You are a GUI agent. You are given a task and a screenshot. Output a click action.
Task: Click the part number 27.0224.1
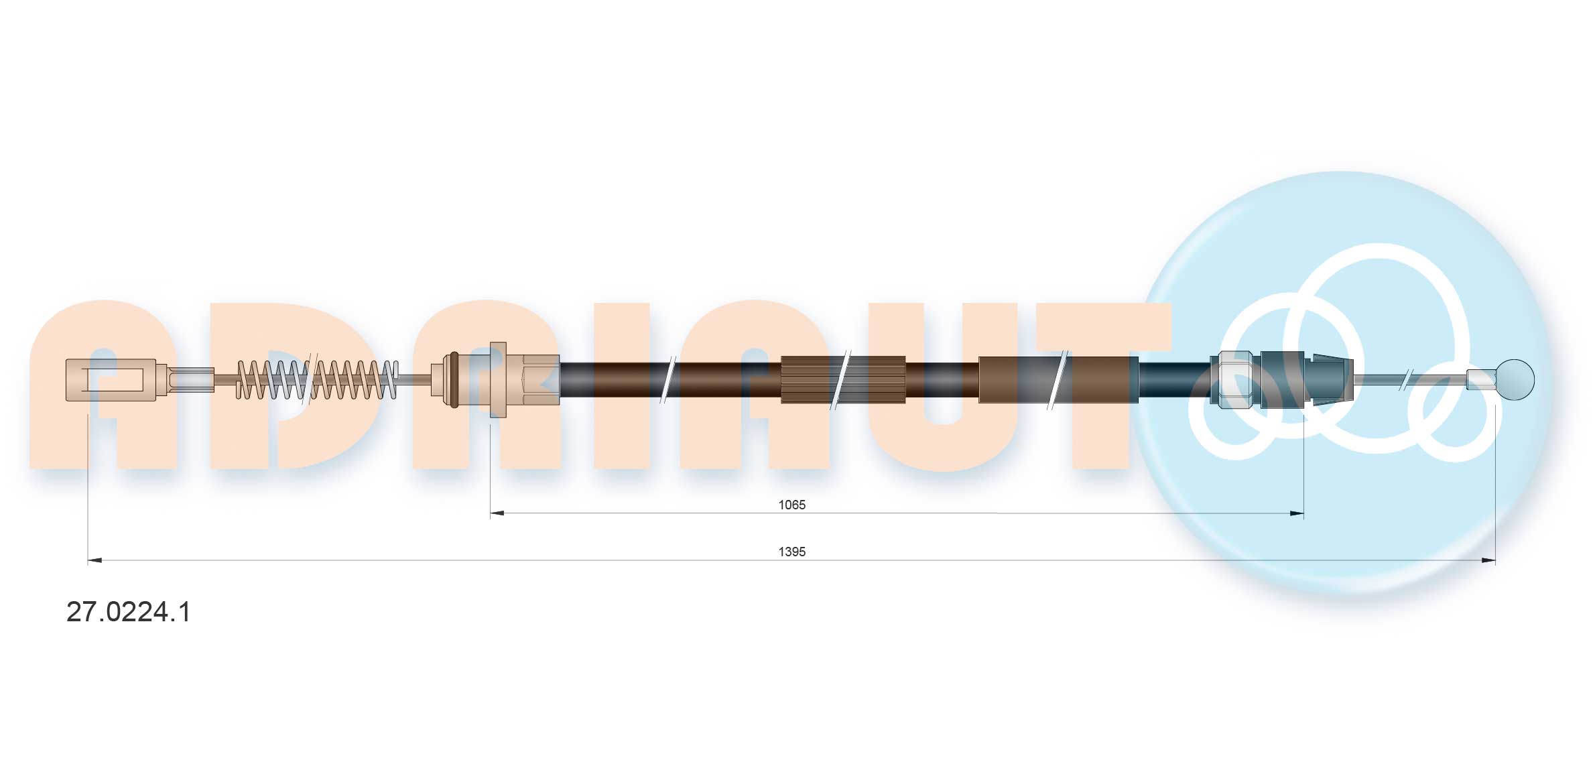[128, 612]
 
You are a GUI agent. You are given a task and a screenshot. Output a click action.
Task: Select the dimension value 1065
[791, 505]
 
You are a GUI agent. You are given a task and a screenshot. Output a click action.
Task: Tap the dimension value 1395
[791, 552]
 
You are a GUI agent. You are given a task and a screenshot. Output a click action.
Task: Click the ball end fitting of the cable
[1515, 379]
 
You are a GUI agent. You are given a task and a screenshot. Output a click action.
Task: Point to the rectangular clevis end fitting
[111, 380]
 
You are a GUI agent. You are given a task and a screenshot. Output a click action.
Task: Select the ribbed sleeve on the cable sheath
[843, 379]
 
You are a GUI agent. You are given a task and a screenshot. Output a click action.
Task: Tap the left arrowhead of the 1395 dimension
[94, 560]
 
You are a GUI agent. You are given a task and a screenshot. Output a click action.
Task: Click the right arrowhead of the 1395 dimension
[1488, 560]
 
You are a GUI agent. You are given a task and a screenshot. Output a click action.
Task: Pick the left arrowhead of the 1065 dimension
[497, 513]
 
